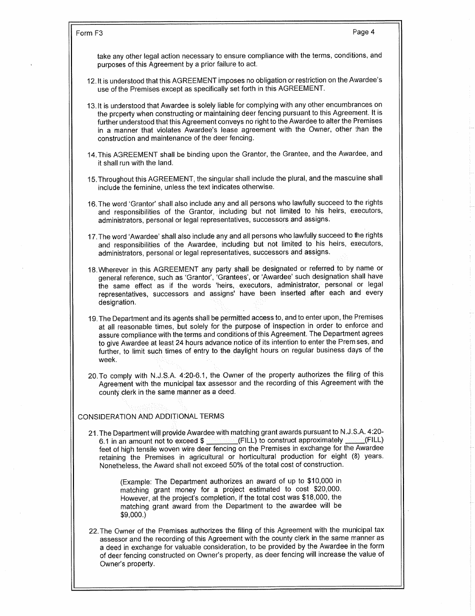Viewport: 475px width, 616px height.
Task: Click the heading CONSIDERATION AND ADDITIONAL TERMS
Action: pos(151,416)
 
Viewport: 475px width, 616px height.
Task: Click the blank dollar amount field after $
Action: pos(222,441)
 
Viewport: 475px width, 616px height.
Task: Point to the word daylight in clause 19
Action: pos(246,351)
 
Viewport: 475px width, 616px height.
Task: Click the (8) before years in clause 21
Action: pos(352,457)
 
